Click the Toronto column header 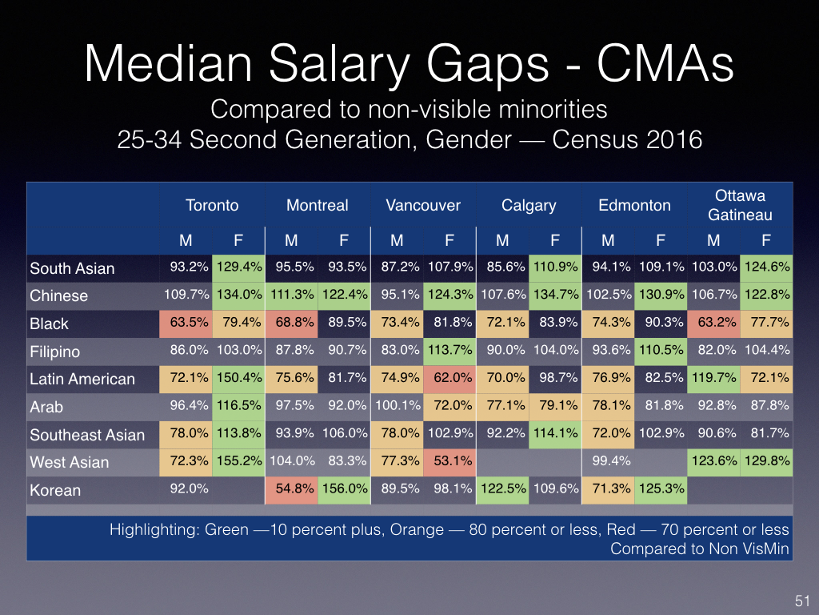[x=212, y=205]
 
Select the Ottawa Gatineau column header [x=740, y=205]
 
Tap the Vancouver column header [x=423, y=205]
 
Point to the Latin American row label [x=82, y=379]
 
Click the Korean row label [x=55, y=489]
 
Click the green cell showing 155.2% [x=238, y=461]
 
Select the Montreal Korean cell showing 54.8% [x=291, y=488]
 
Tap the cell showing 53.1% [x=449, y=461]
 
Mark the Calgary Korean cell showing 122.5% [x=502, y=488]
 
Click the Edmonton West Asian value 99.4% [x=608, y=461]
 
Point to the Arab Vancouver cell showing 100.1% [x=397, y=406]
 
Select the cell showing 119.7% [x=713, y=378]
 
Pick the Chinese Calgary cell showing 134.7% [x=555, y=295]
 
